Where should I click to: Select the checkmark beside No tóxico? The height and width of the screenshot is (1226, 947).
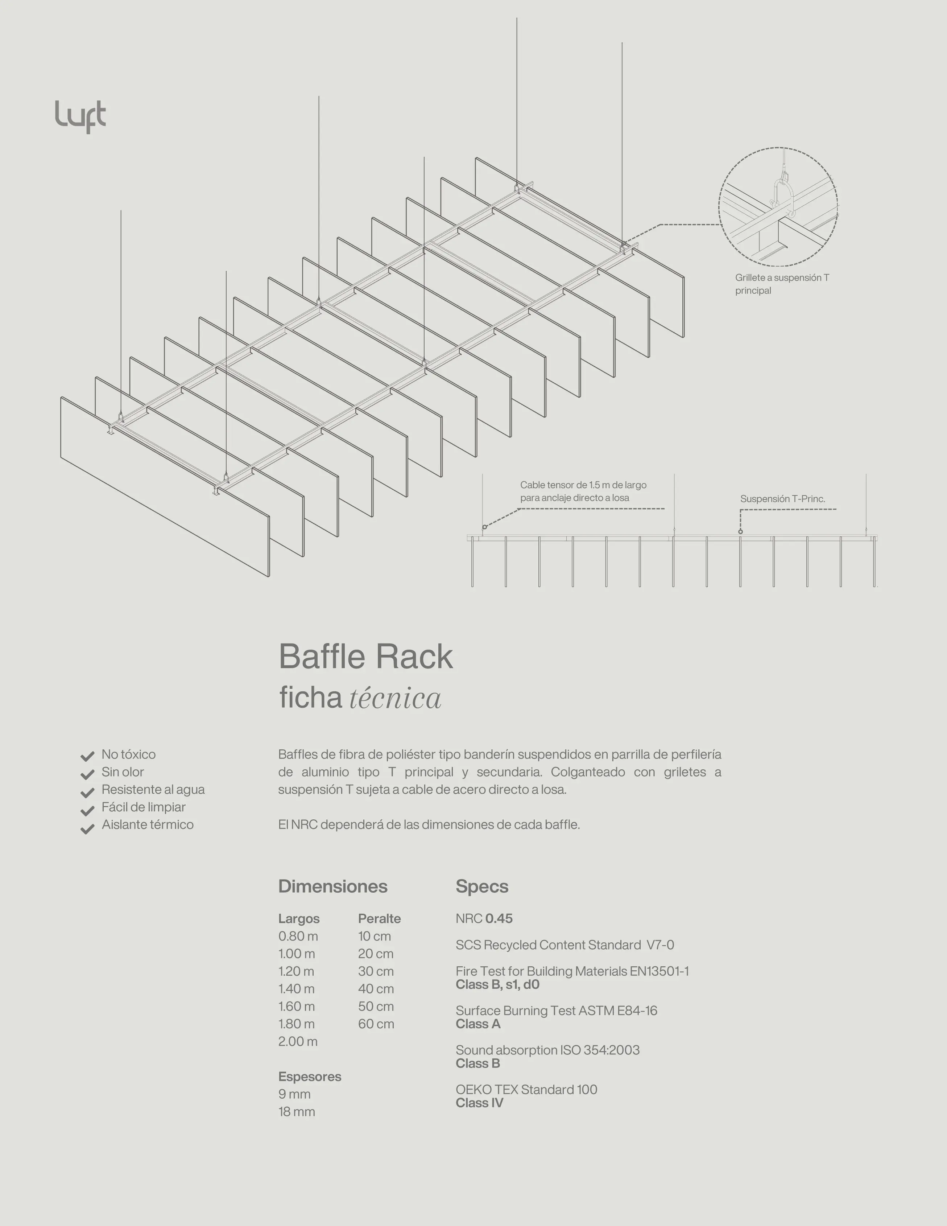87,756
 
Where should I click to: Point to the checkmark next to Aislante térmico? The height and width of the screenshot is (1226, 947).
87,829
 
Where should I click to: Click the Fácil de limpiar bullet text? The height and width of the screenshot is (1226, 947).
143,807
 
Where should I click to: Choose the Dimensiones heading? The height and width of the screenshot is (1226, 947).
333,886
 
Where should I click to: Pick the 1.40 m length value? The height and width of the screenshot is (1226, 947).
296,988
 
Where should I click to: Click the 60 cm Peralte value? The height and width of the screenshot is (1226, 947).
376,1024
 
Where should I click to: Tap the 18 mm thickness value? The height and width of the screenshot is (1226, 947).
296,1111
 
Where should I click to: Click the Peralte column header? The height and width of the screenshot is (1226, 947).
379,918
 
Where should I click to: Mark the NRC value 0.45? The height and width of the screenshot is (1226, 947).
499,918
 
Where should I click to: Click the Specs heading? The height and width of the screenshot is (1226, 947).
482,886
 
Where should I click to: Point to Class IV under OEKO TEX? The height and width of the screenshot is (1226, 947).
479,1103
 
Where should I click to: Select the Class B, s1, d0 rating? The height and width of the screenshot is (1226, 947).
497,984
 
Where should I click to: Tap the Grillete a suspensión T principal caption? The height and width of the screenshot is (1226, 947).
782,284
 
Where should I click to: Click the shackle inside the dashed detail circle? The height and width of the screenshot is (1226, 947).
783,194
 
